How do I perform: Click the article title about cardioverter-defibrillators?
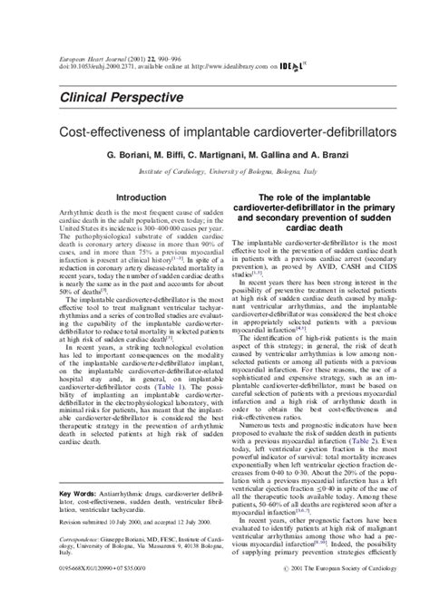tap(215, 132)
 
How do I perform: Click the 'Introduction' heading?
tap(142, 196)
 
